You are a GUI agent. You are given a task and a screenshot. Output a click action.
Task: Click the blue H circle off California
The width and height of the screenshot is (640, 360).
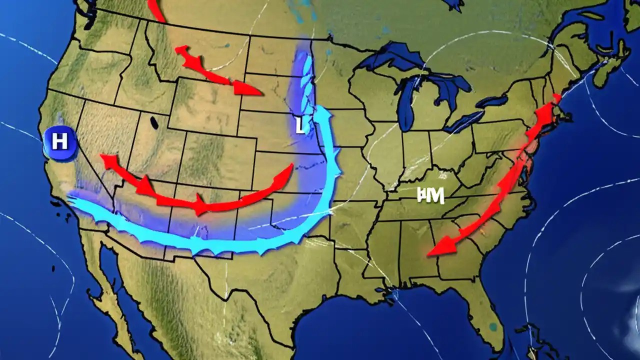(59, 142)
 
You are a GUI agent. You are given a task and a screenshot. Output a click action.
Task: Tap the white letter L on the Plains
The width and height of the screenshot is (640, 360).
(299, 126)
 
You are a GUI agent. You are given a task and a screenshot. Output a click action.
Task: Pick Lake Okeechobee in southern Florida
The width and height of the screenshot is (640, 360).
(493, 327)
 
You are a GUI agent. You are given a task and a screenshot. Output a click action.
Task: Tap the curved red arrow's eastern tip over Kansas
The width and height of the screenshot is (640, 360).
(290, 168)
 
